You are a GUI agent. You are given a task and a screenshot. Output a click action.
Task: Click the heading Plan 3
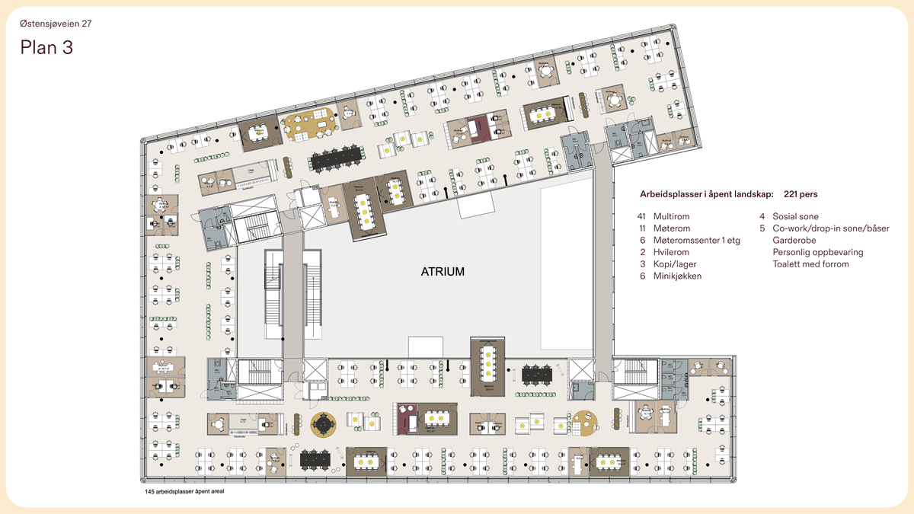point(46,47)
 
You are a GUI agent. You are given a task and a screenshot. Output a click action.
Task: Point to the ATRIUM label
point(443,271)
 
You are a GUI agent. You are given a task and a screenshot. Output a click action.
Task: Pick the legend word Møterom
point(672,228)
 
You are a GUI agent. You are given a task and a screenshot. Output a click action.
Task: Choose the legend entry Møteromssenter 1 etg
point(696,240)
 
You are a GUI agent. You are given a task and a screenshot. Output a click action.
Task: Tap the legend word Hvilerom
point(671,252)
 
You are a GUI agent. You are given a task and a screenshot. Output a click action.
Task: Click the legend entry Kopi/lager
point(674,263)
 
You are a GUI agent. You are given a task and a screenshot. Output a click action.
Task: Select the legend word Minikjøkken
point(677,276)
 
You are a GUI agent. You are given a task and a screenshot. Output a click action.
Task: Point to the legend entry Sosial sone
point(795,216)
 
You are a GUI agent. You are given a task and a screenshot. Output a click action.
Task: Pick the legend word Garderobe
point(794,240)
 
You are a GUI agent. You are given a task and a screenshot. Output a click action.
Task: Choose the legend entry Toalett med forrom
point(810,263)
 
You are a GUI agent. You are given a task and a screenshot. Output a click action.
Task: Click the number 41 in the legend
point(641,216)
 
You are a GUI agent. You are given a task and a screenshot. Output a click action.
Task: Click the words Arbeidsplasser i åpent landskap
point(705,194)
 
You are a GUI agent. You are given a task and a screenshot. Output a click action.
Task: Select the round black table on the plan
point(324,424)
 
